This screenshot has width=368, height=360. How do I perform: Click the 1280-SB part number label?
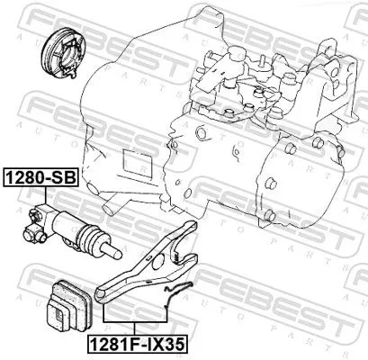[42, 177]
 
